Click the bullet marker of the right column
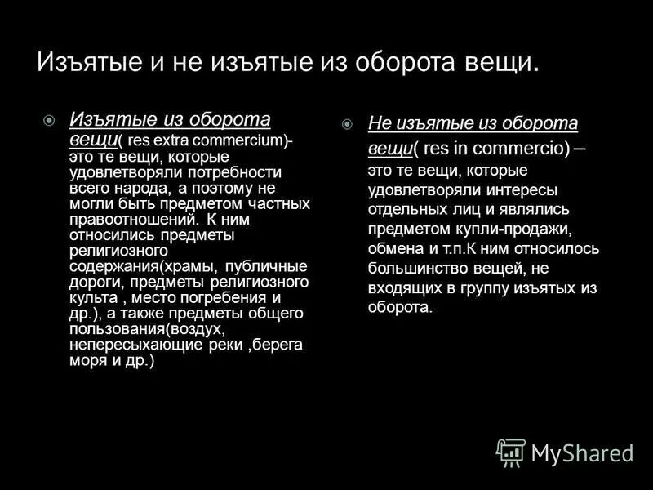(x=347, y=124)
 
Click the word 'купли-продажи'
(x=516, y=229)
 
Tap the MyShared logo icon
(x=511, y=452)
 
